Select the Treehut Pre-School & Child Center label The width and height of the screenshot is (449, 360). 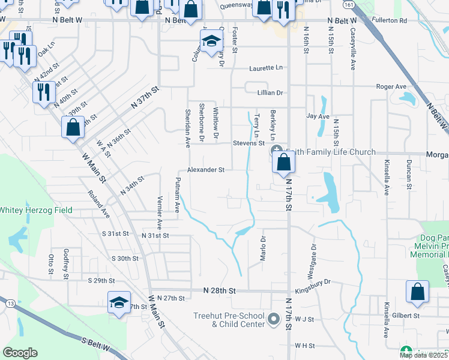pyautogui.click(x=229, y=320)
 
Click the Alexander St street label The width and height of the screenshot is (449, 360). pyautogui.click(x=206, y=170)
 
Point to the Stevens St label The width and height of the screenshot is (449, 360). pyautogui.click(x=249, y=143)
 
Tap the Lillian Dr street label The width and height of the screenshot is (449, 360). pyautogui.click(x=270, y=93)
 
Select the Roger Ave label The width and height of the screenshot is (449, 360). pyautogui.click(x=391, y=86)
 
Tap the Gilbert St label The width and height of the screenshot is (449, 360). pyautogui.click(x=407, y=315)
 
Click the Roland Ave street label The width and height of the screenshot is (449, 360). pyautogui.click(x=100, y=204)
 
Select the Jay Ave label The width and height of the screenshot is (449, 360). pyautogui.click(x=318, y=116)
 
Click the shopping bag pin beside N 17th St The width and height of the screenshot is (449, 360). pyautogui.click(x=283, y=162)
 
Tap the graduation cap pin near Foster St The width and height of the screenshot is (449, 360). pyautogui.click(x=211, y=43)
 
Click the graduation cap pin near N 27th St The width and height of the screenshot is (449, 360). pyautogui.click(x=119, y=302)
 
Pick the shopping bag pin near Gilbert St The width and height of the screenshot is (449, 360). pyautogui.click(x=417, y=292)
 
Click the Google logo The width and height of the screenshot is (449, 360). pyautogui.click(x=20, y=353)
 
